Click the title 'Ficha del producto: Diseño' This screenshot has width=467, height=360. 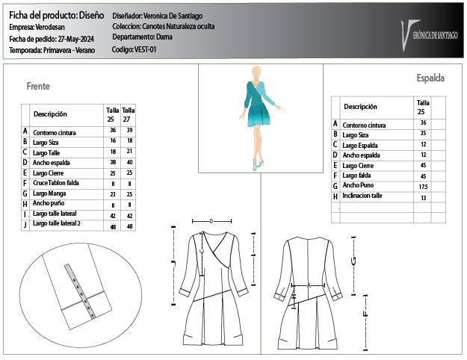point(56,15)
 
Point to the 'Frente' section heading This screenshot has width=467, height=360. point(38,87)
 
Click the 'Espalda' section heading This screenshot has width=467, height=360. point(430,78)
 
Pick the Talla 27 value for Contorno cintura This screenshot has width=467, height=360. point(129,130)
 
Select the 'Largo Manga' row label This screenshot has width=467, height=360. point(50,193)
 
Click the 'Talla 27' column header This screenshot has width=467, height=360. point(129,114)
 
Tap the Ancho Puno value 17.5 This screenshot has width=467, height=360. point(423,186)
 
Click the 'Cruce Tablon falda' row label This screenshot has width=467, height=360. point(57,183)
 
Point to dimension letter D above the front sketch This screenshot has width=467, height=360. point(212,221)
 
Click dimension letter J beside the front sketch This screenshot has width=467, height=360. point(173,262)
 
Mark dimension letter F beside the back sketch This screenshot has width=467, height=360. point(365,314)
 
